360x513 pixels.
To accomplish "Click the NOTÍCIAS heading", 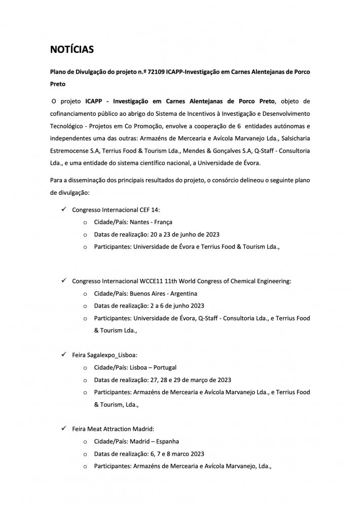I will [71, 49].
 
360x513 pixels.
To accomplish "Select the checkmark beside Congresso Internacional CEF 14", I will [63, 209].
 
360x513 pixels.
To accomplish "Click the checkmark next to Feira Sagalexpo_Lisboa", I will [63, 355].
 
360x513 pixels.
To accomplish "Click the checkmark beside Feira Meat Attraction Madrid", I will [63, 429].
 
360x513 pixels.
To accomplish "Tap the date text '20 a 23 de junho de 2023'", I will [176, 234].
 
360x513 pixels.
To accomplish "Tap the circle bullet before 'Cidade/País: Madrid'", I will [84, 441].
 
